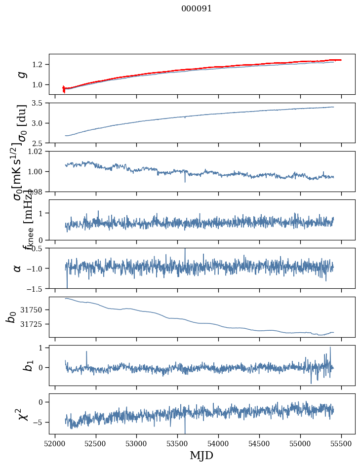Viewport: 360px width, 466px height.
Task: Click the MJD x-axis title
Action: click(x=201, y=456)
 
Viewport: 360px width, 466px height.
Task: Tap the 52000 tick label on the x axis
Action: click(x=55, y=444)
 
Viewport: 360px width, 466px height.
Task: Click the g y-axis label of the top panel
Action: click(x=21, y=74)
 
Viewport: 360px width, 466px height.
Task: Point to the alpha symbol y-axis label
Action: click(x=18, y=268)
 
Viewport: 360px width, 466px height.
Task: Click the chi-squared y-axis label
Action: click(x=21, y=414)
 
